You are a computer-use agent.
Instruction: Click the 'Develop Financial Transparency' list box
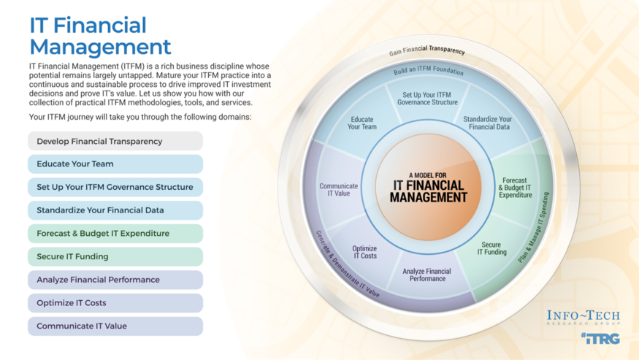pos(115,141)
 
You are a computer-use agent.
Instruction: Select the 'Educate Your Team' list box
pos(115,164)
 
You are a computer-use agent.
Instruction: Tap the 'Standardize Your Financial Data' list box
pos(115,210)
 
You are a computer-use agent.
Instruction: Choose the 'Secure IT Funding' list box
pos(115,256)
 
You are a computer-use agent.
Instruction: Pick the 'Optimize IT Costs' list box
pos(115,303)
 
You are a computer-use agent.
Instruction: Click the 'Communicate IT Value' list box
pos(115,326)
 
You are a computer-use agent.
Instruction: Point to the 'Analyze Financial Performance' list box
pos(115,280)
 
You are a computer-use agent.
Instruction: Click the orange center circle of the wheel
pos(428,186)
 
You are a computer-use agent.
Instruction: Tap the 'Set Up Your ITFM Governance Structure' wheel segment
pos(427,99)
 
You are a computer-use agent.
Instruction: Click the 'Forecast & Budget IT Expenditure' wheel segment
pos(515,188)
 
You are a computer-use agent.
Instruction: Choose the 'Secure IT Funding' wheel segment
pos(491,249)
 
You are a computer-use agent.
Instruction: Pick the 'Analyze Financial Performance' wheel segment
pos(427,275)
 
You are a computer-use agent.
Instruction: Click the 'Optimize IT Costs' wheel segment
pos(364,252)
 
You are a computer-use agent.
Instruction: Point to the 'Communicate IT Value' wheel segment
pos(339,189)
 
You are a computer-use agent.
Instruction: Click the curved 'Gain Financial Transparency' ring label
pos(427,50)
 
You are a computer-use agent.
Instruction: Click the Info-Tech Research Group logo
pos(583,318)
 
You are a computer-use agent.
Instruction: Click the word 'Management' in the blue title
pos(100,47)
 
